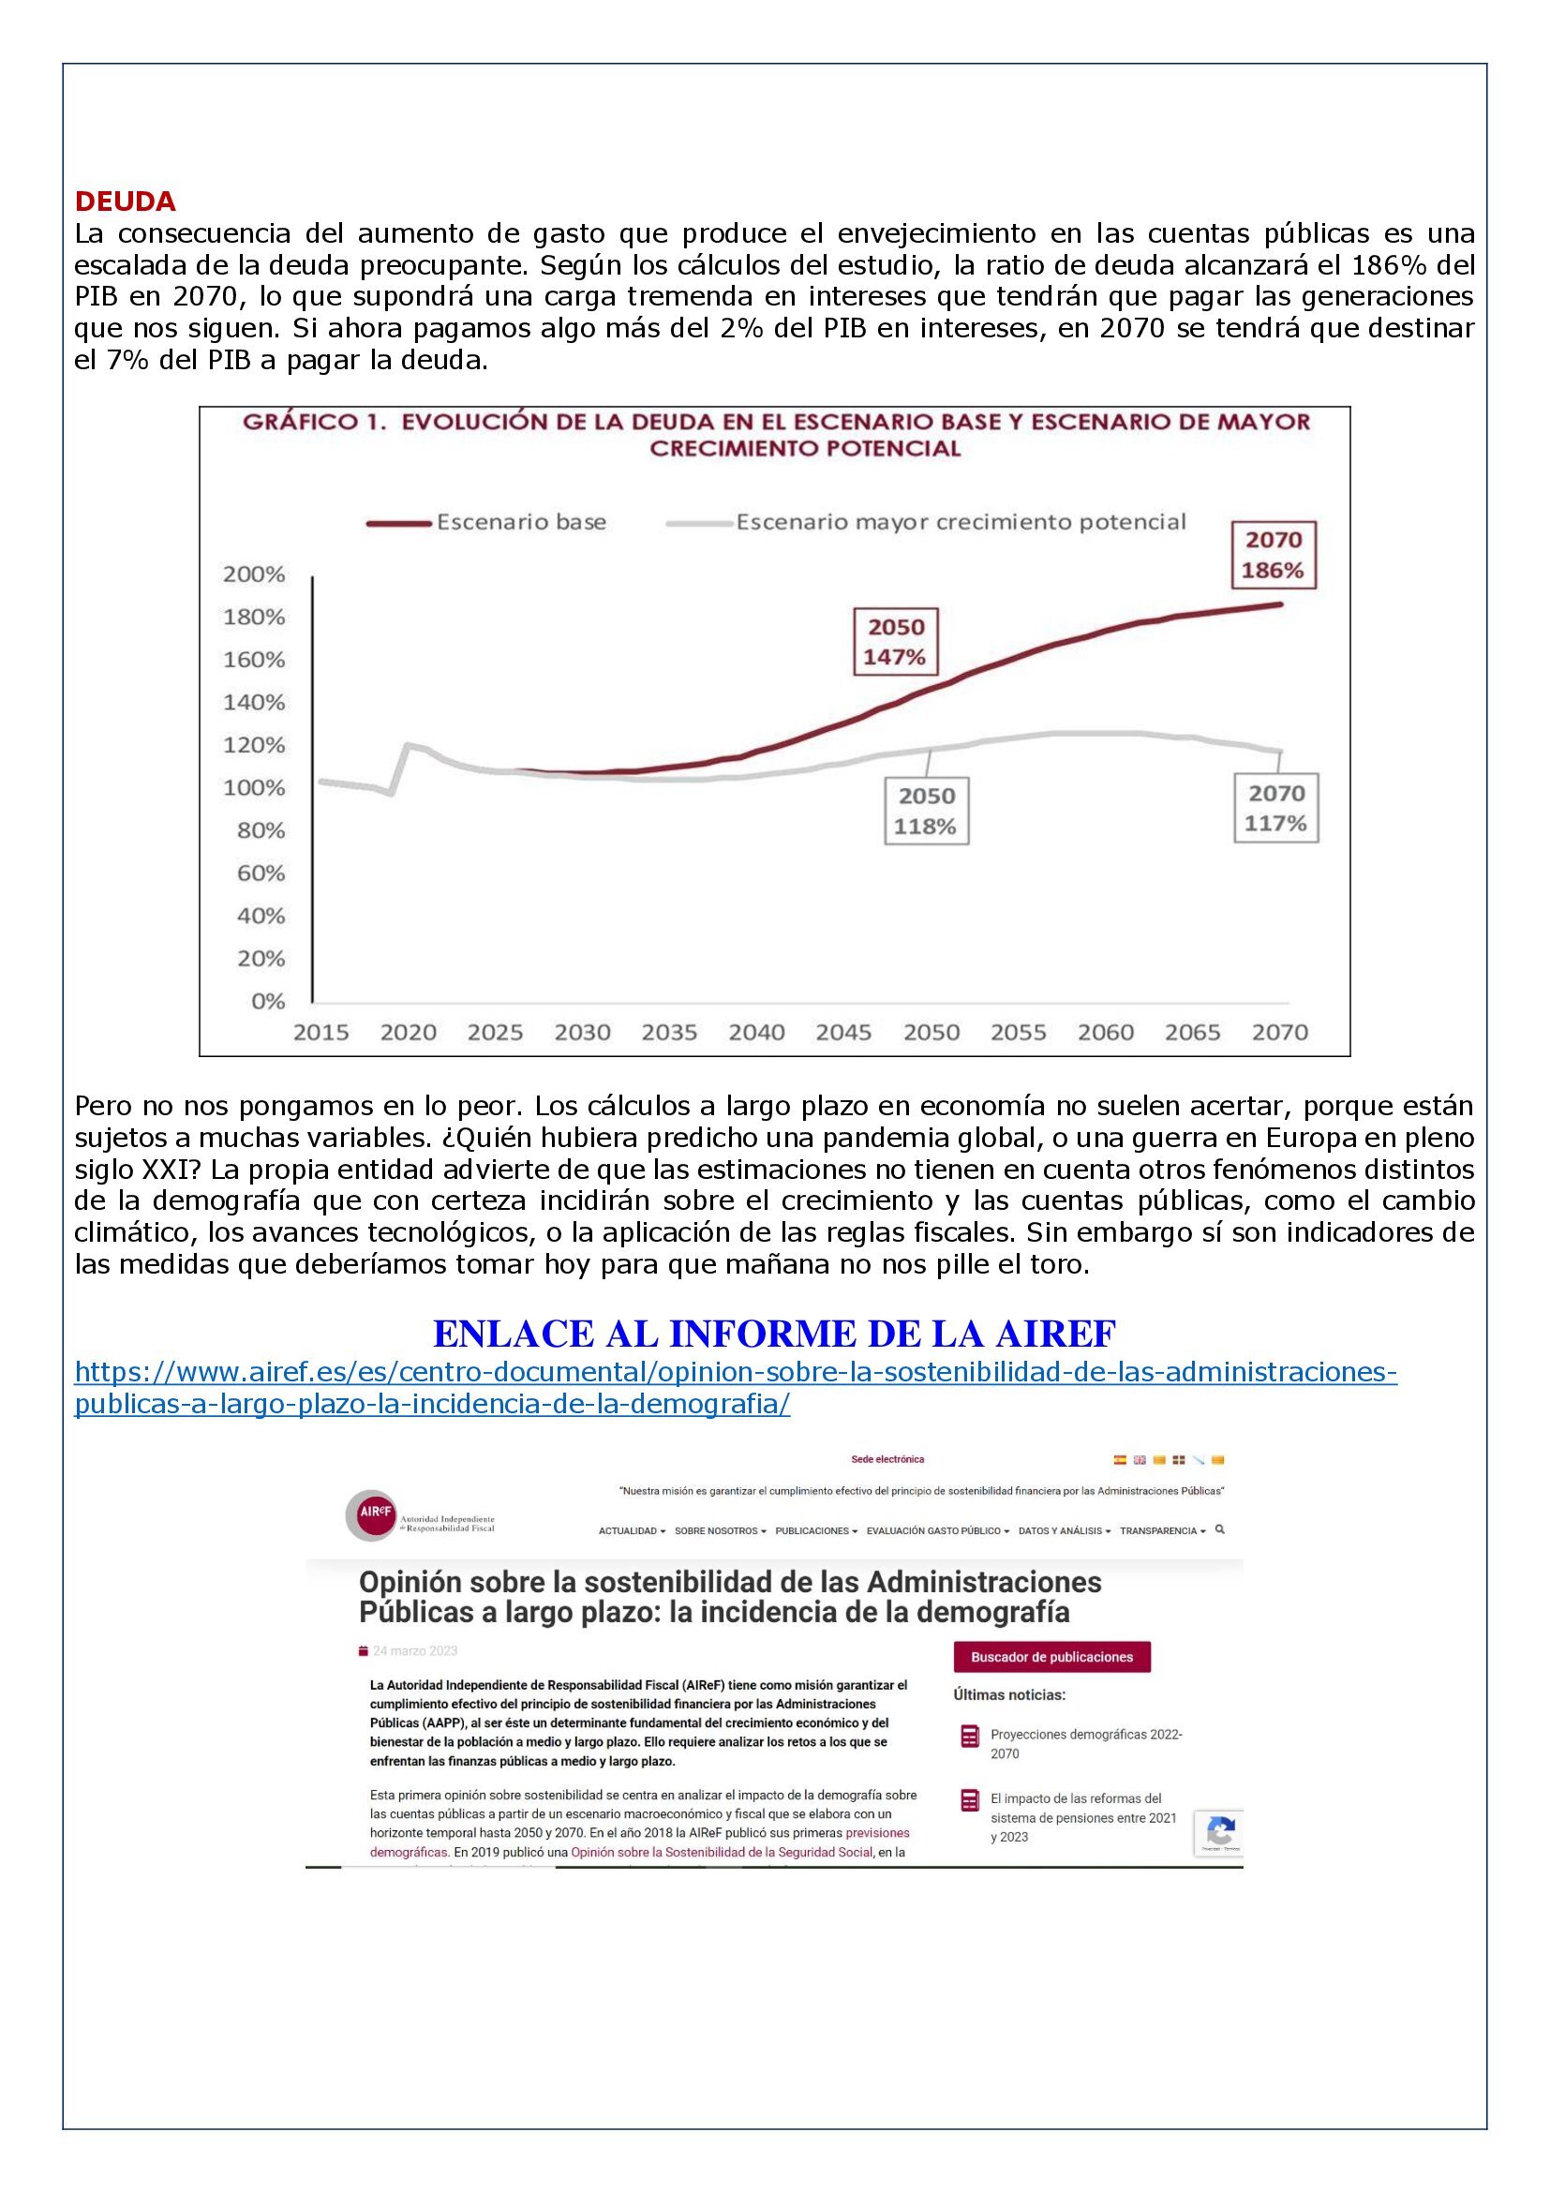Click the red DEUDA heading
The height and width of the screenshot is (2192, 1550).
[x=125, y=201]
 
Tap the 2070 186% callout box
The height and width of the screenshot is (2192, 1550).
[x=1274, y=555]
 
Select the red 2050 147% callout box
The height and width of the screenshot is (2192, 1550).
[x=895, y=642]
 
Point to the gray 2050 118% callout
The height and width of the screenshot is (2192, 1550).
[x=926, y=811]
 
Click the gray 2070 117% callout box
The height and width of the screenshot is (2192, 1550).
[x=1276, y=808]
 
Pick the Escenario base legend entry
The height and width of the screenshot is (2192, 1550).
[x=487, y=522]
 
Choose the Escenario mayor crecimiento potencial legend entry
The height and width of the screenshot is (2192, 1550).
[x=927, y=522]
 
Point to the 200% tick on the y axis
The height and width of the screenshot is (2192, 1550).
[x=254, y=574]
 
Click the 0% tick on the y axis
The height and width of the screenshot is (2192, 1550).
[x=268, y=1001]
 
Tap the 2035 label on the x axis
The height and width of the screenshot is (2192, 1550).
[x=669, y=1032]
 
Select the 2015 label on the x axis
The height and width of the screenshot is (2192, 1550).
[x=320, y=1032]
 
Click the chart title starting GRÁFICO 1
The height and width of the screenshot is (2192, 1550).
[x=776, y=435]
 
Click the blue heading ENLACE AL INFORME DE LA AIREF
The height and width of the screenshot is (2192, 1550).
[x=774, y=1332]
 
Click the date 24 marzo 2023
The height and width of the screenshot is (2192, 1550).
[x=415, y=1650]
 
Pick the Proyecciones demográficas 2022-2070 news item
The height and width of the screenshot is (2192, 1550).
[x=1086, y=1743]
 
